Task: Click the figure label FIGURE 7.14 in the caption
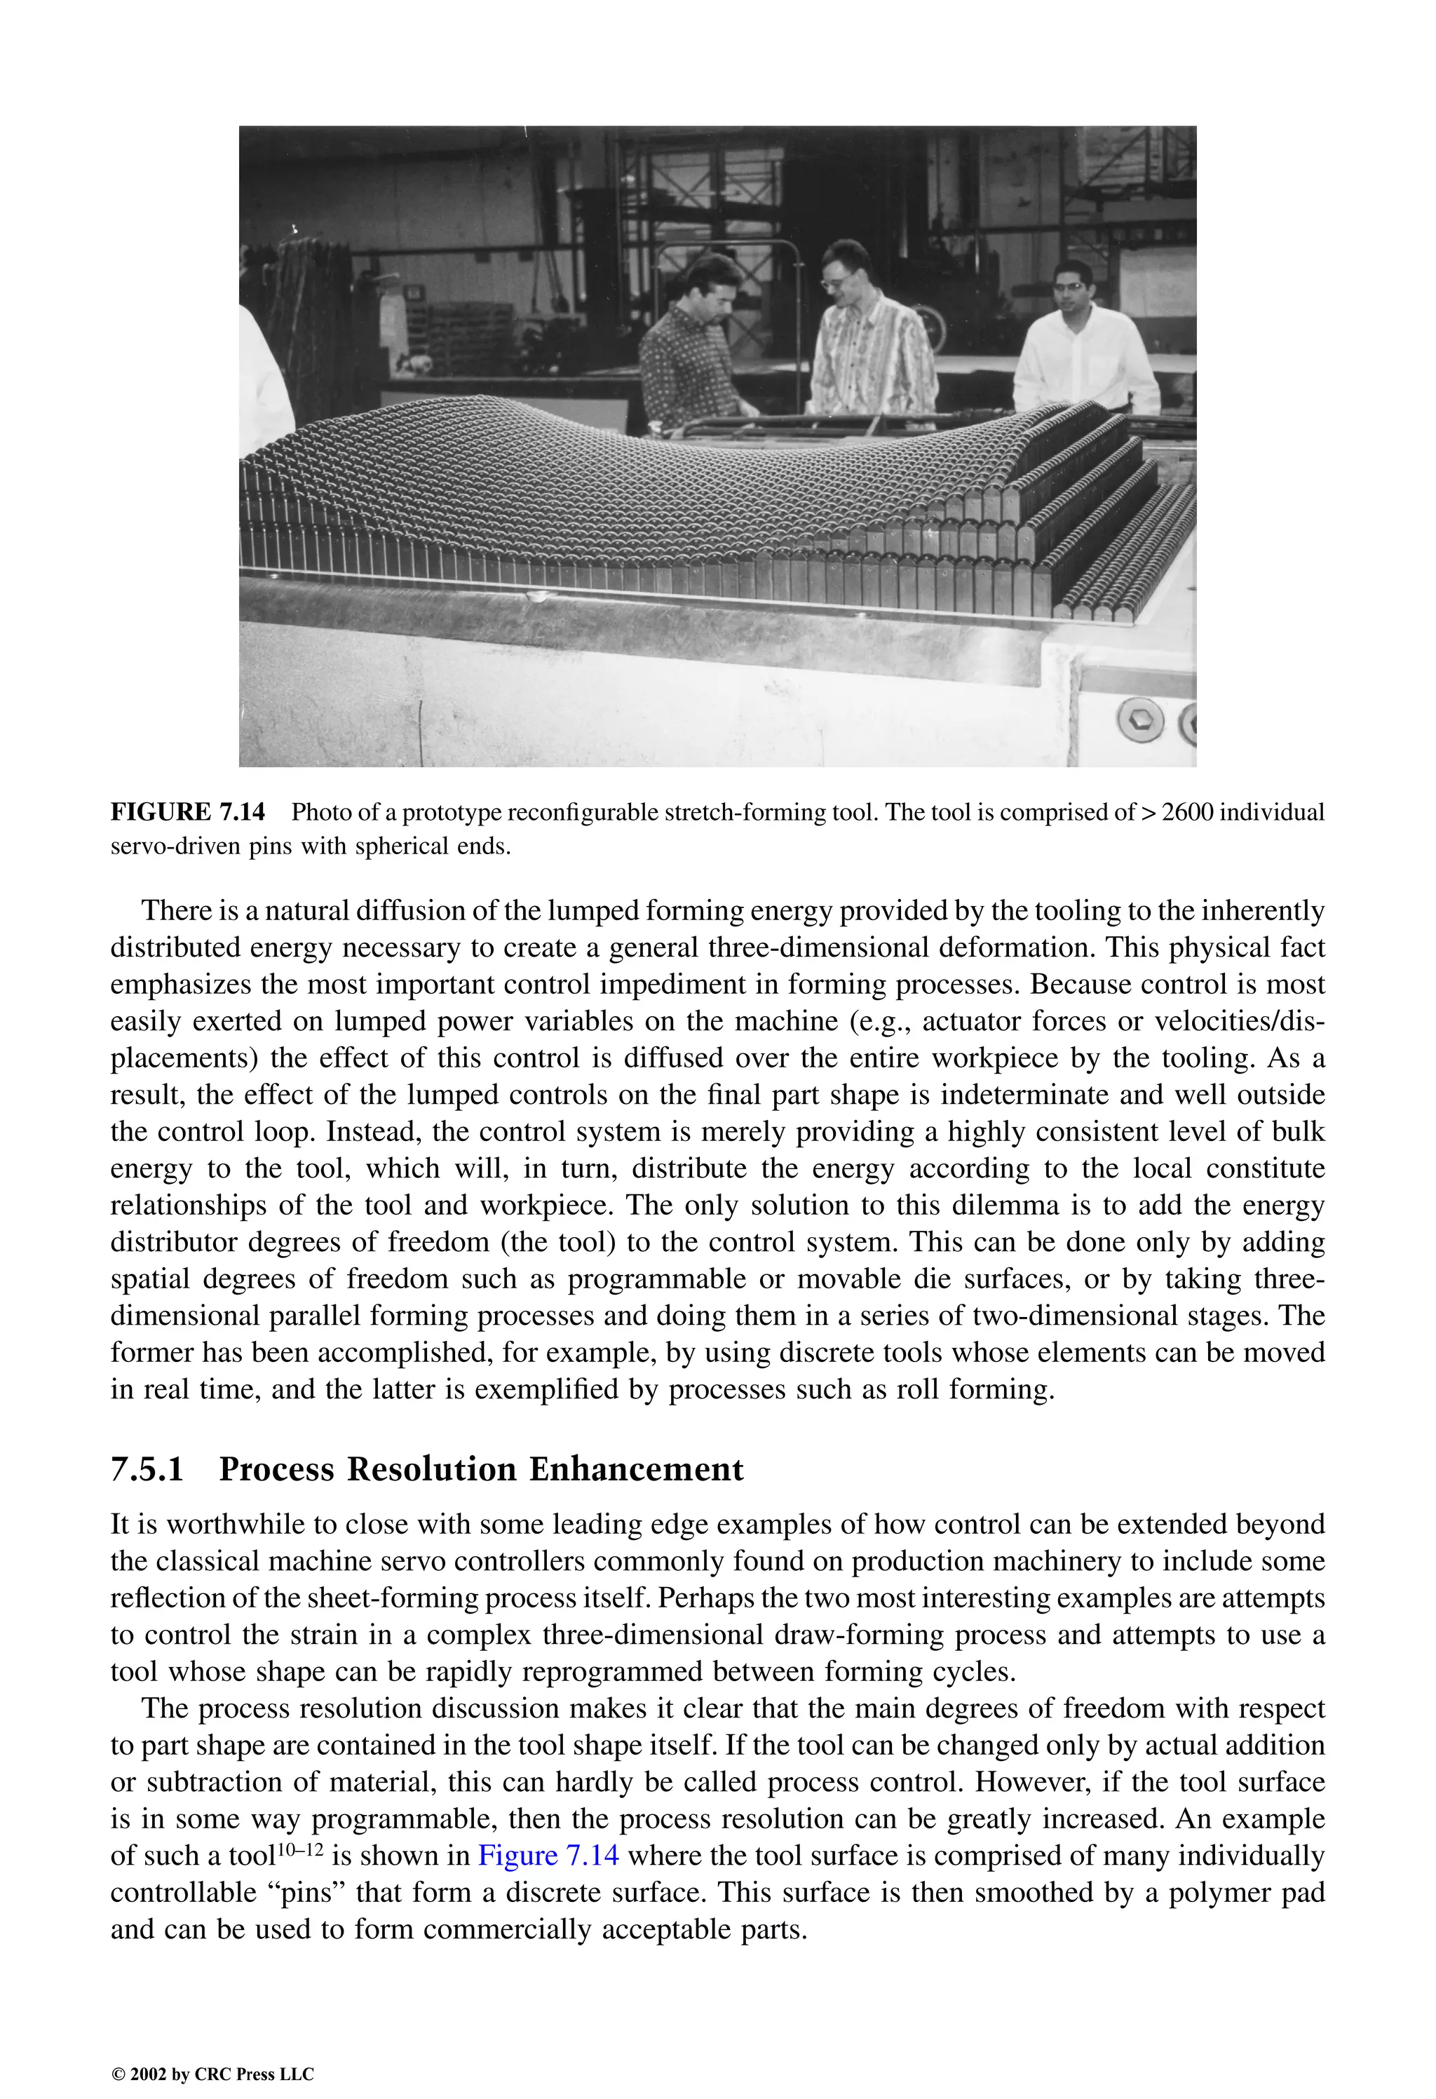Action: click(x=188, y=812)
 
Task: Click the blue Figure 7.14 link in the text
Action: click(x=548, y=1855)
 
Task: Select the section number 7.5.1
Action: click(x=147, y=1469)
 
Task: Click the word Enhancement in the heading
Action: click(x=636, y=1469)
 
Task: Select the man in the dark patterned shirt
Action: click(x=688, y=361)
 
